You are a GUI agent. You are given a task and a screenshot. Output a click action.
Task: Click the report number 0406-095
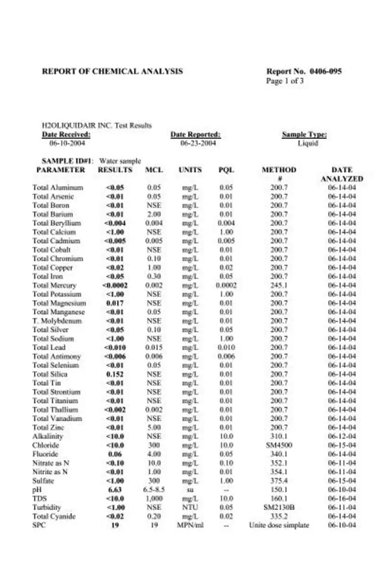click(x=325, y=71)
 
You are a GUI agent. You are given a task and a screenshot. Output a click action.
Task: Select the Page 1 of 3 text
click(x=285, y=81)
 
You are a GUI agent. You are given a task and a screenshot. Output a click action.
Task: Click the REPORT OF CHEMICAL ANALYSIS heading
click(x=112, y=71)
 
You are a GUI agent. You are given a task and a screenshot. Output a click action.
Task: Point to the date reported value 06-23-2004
click(x=198, y=143)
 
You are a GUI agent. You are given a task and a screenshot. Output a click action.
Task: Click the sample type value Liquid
click(x=308, y=143)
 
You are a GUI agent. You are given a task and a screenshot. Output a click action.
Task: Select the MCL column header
click(x=154, y=170)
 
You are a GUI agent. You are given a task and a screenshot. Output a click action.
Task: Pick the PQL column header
click(x=226, y=170)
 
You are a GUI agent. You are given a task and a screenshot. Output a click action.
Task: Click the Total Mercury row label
click(x=54, y=285)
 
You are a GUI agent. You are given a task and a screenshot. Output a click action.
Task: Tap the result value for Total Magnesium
click(x=115, y=303)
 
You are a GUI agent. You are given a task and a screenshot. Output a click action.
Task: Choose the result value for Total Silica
click(x=115, y=374)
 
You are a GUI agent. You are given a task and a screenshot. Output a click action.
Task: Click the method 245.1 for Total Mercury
click(x=279, y=285)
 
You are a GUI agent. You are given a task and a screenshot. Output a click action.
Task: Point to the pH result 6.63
click(x=115, y=490)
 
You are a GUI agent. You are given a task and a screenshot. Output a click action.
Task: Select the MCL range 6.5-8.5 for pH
click(x=154, y=490)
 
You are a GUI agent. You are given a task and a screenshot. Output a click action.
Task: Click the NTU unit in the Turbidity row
click(x=190, y=508)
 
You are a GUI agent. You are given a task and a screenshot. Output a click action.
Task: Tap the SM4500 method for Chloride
click(x=279, y=445)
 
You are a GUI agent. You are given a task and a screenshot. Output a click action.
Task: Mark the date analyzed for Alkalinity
click(x=342, y=436)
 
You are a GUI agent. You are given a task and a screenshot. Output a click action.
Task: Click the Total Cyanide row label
click(x=54, y=516)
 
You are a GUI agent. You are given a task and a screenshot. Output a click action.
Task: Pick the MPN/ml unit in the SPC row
click(x=190, y=525)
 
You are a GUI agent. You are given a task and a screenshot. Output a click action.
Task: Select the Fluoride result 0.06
click(x=115, y=454)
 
